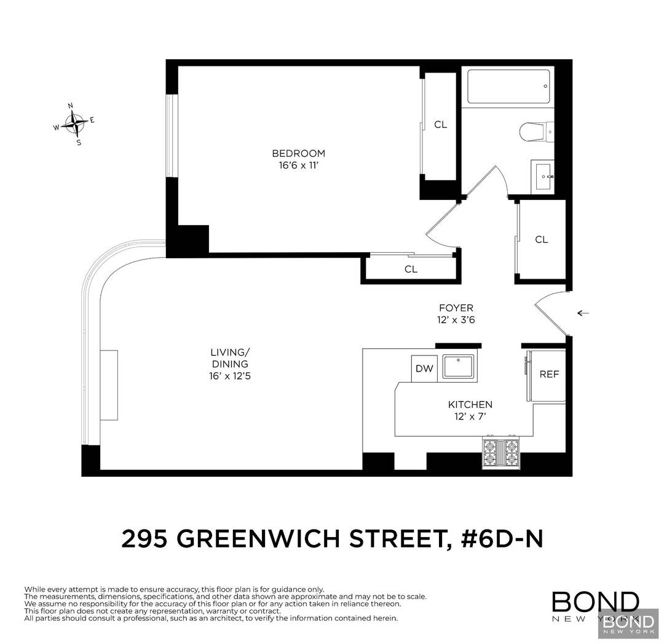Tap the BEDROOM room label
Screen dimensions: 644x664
(x=298, y=154)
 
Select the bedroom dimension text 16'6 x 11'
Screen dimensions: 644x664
(x=298, y=165)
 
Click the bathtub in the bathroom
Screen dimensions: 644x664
(x=507, y=87)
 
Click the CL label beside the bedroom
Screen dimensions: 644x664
(x=440, y=125)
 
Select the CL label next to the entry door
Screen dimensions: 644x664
(x=541, y=240)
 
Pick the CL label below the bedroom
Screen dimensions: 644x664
(x=411, y=269)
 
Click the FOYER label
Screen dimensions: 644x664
(x=456, y=308)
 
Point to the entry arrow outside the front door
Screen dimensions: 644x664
(x=583, y=313)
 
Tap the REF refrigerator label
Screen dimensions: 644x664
(x=548, y=374)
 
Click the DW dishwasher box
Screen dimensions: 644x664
(x=424, y=369)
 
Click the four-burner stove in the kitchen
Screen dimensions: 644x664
(x=501, y=455)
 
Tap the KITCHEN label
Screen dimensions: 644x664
(x=470, y=405)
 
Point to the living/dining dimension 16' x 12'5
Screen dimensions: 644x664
(x=229, y=375)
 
